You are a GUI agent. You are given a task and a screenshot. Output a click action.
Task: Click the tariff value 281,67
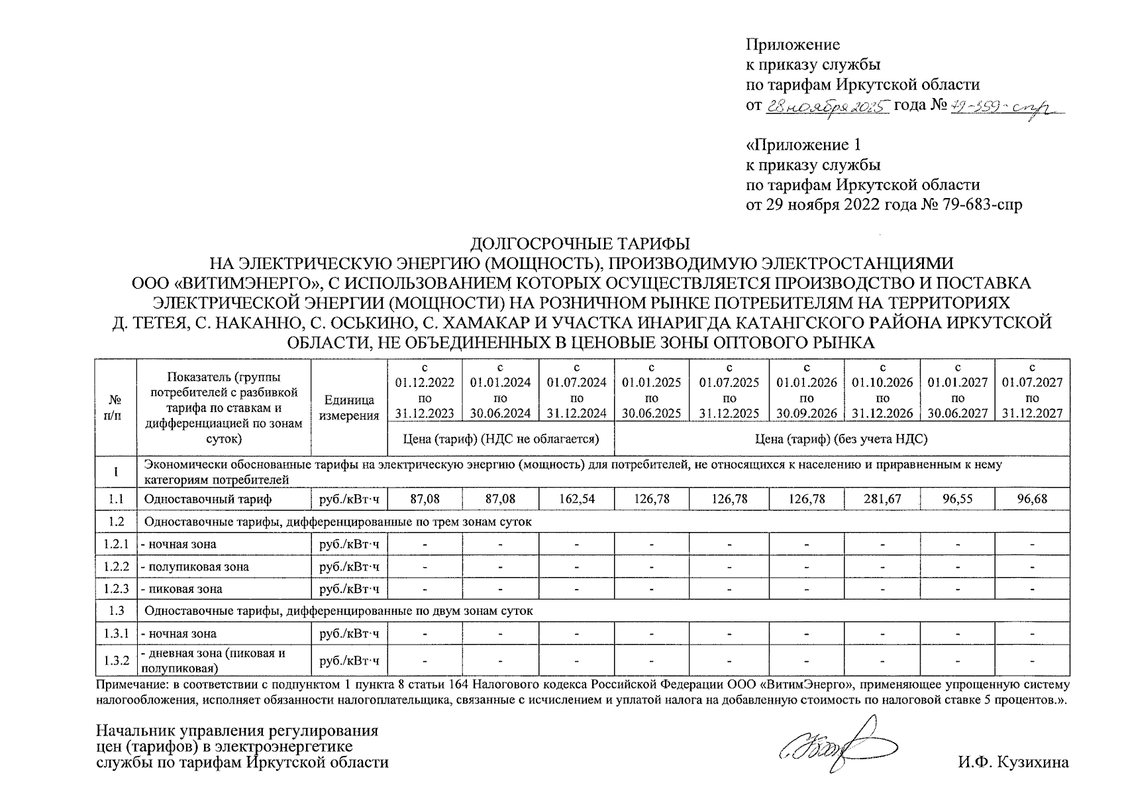click(x=882, y=499)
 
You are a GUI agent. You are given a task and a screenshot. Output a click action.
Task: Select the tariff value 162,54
click(x=577, y=499)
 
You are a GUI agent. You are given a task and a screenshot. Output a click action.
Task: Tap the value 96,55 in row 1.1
click(x=958, y=499)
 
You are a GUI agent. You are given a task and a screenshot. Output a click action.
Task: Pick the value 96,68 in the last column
click(x=1033, y=499)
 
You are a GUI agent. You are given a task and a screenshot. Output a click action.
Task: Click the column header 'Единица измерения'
click(x=349, y=408)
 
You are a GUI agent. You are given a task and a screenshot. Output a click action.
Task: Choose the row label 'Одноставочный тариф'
click(x=208, y=499)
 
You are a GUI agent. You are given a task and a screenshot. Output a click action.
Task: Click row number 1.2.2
click(x=115, y=567)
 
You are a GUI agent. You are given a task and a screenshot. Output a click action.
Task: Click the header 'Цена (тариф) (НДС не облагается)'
click(x=501, y=439)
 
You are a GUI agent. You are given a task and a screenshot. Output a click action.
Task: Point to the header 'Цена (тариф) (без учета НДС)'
click(x=841, y=439)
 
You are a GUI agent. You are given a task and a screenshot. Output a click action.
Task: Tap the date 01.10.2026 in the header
click(x=882, y=382)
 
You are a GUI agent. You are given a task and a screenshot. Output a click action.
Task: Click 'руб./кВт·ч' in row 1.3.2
click(x=349, y=661)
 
